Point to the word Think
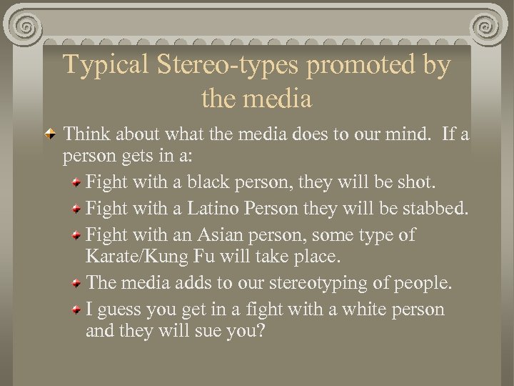pos(89,136)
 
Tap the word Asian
pos(216,235)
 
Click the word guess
pos(117,310)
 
